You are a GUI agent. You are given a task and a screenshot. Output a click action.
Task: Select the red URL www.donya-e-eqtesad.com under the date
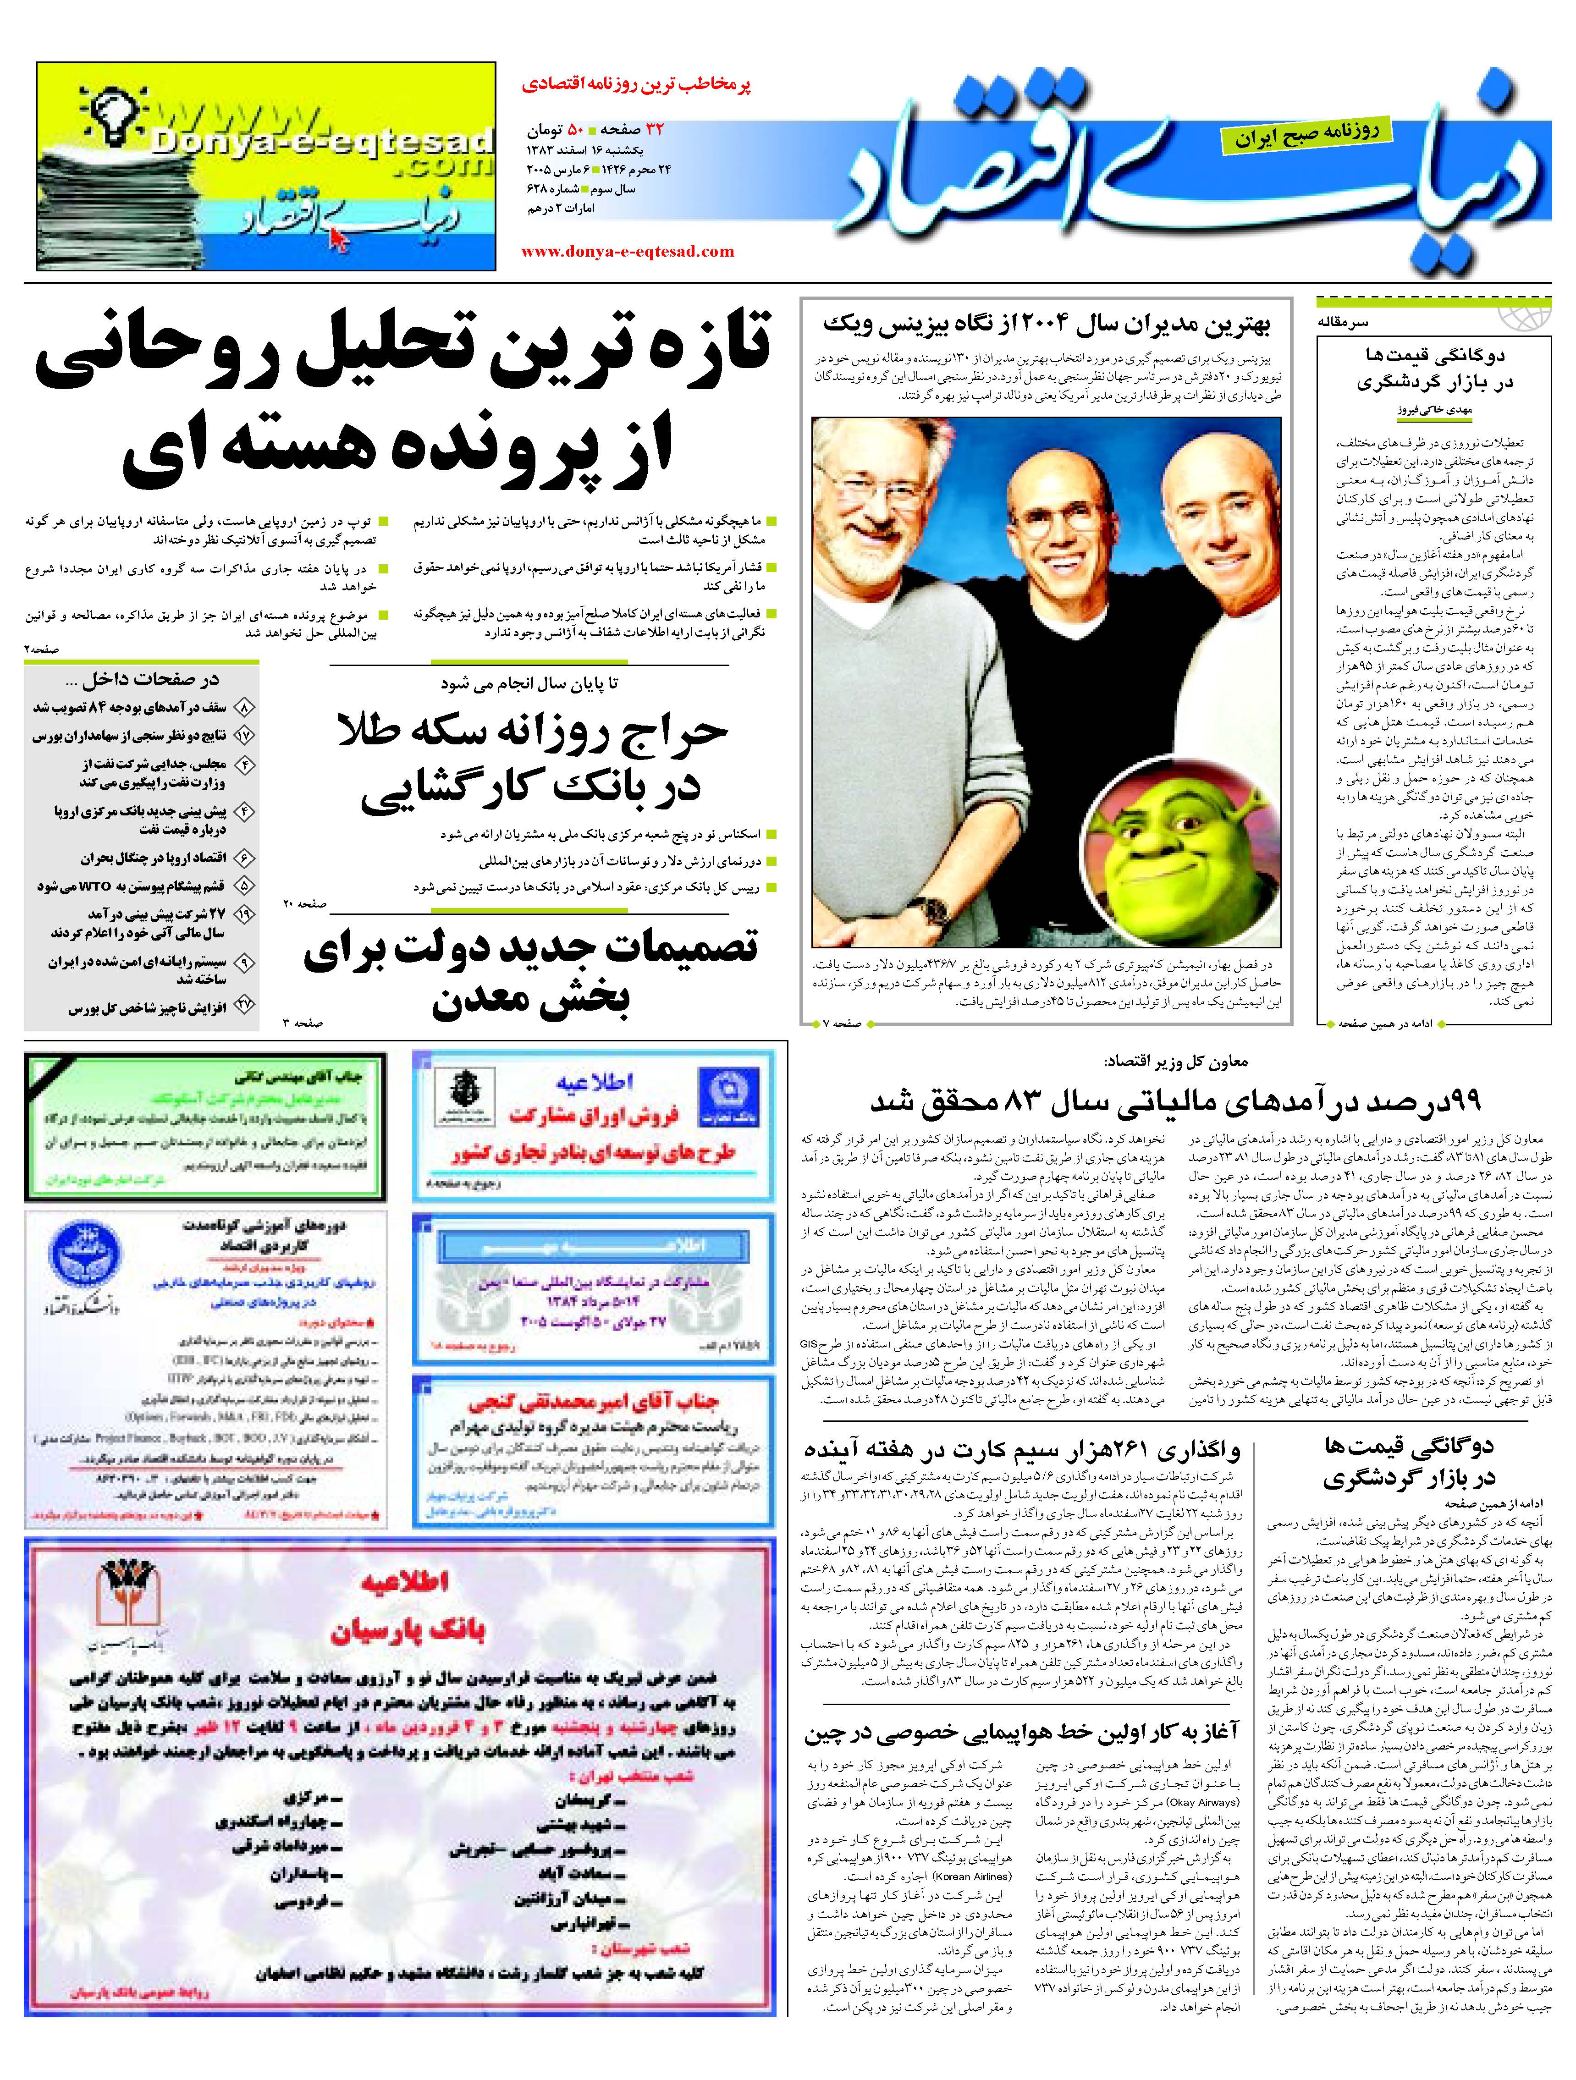627,251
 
